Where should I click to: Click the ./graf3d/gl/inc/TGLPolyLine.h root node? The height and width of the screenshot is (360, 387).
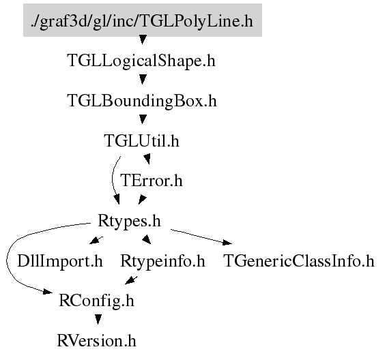tap(143, 20)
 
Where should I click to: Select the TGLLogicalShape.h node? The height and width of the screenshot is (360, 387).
tap(141, 61)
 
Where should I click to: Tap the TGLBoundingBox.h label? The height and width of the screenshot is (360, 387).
tap(142, 101)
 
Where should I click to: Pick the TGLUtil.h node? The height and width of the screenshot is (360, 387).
tap(142, 140)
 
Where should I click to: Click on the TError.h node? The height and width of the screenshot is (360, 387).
tap(152, 181)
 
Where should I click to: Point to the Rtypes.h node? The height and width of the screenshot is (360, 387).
tap(129, 221)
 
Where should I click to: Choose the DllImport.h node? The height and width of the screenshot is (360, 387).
tap(60, 261)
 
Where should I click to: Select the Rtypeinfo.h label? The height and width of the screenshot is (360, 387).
tap(162, 261)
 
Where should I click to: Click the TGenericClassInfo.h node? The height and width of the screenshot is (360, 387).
tap(299, 261)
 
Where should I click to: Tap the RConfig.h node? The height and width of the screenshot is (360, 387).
tap(96, 301)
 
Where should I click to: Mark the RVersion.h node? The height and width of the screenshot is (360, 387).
tap(96, 341)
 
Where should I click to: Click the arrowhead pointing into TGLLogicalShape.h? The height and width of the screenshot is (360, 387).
tap(143, 40)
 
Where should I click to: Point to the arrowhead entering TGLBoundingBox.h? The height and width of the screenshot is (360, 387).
tap(143, 79)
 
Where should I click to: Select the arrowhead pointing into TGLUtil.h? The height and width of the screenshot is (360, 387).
tap(143, 119)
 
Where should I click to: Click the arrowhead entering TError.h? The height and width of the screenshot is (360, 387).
tap(147, 159)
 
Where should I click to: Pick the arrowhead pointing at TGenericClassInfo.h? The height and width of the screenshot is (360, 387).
tap(227, 243)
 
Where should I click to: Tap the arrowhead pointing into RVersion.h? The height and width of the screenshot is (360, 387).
tap(98, 320)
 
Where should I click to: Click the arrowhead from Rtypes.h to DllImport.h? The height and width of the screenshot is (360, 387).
tap(94, 241)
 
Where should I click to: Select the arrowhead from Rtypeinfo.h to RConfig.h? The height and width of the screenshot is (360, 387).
tap(130, 281)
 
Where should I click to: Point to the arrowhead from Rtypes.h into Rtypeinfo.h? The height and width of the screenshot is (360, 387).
tap(147, 239)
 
